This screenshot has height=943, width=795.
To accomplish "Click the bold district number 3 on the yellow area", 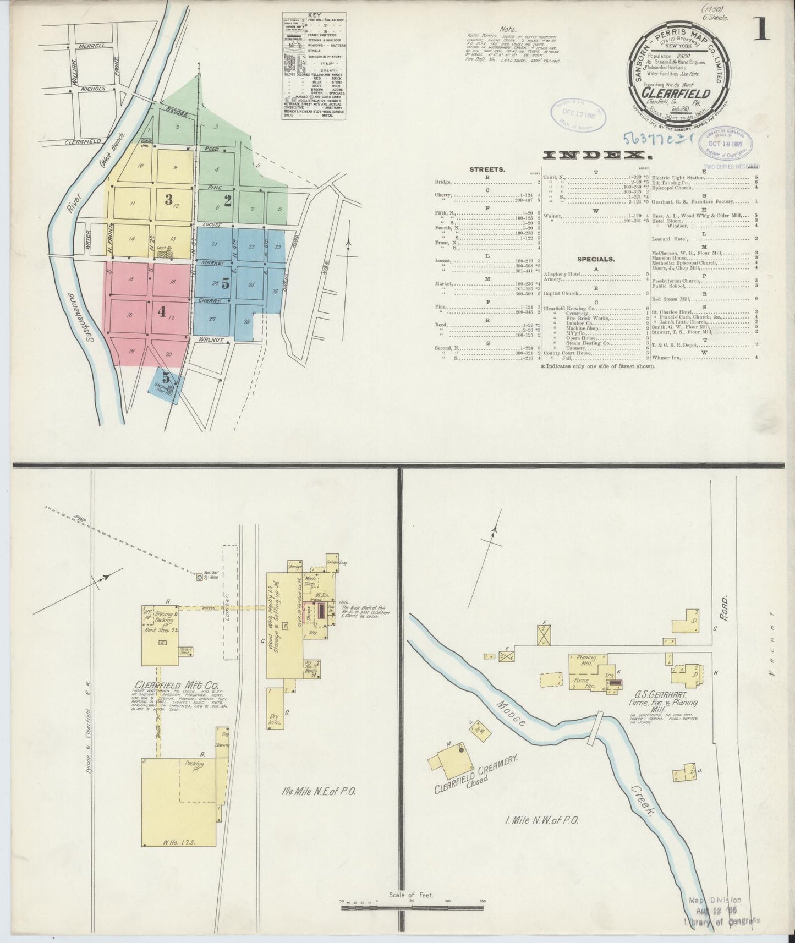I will [x=169, y=199].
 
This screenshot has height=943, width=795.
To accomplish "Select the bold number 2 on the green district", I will [x=227, y=201].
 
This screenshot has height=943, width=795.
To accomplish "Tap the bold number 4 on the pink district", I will [x=161, y=311].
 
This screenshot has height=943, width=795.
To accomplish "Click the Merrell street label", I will [x=91, y=46].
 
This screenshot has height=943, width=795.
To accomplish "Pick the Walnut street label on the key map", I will [x=211, y=339].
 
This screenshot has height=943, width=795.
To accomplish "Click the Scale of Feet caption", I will [x=410, y=895].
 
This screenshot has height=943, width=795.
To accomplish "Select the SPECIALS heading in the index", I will [x=596, y=259].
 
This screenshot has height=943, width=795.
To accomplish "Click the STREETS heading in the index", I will [x=487, y=170].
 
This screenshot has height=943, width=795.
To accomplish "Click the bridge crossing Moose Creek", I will [x=595, y=728].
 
